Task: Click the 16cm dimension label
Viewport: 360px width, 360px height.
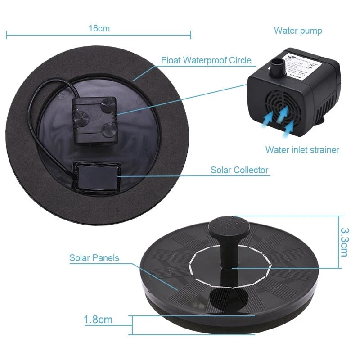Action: click(x=99, y=28)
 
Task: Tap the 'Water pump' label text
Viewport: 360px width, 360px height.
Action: click(x=298, y=31)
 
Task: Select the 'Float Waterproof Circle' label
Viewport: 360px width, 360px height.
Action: click(x=206, y=60)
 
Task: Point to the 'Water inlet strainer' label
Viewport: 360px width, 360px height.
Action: click(x=302, y=149)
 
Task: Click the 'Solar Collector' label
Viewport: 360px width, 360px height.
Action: click(x=239, y=170)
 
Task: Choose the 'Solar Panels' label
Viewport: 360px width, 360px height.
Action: click(x=94, y=258)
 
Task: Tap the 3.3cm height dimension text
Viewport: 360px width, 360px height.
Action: click(x=344, y=242)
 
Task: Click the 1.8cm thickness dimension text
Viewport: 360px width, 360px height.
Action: click(x=98, y=320)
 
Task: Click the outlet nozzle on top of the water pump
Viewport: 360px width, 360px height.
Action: click(x=276, y=66)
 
